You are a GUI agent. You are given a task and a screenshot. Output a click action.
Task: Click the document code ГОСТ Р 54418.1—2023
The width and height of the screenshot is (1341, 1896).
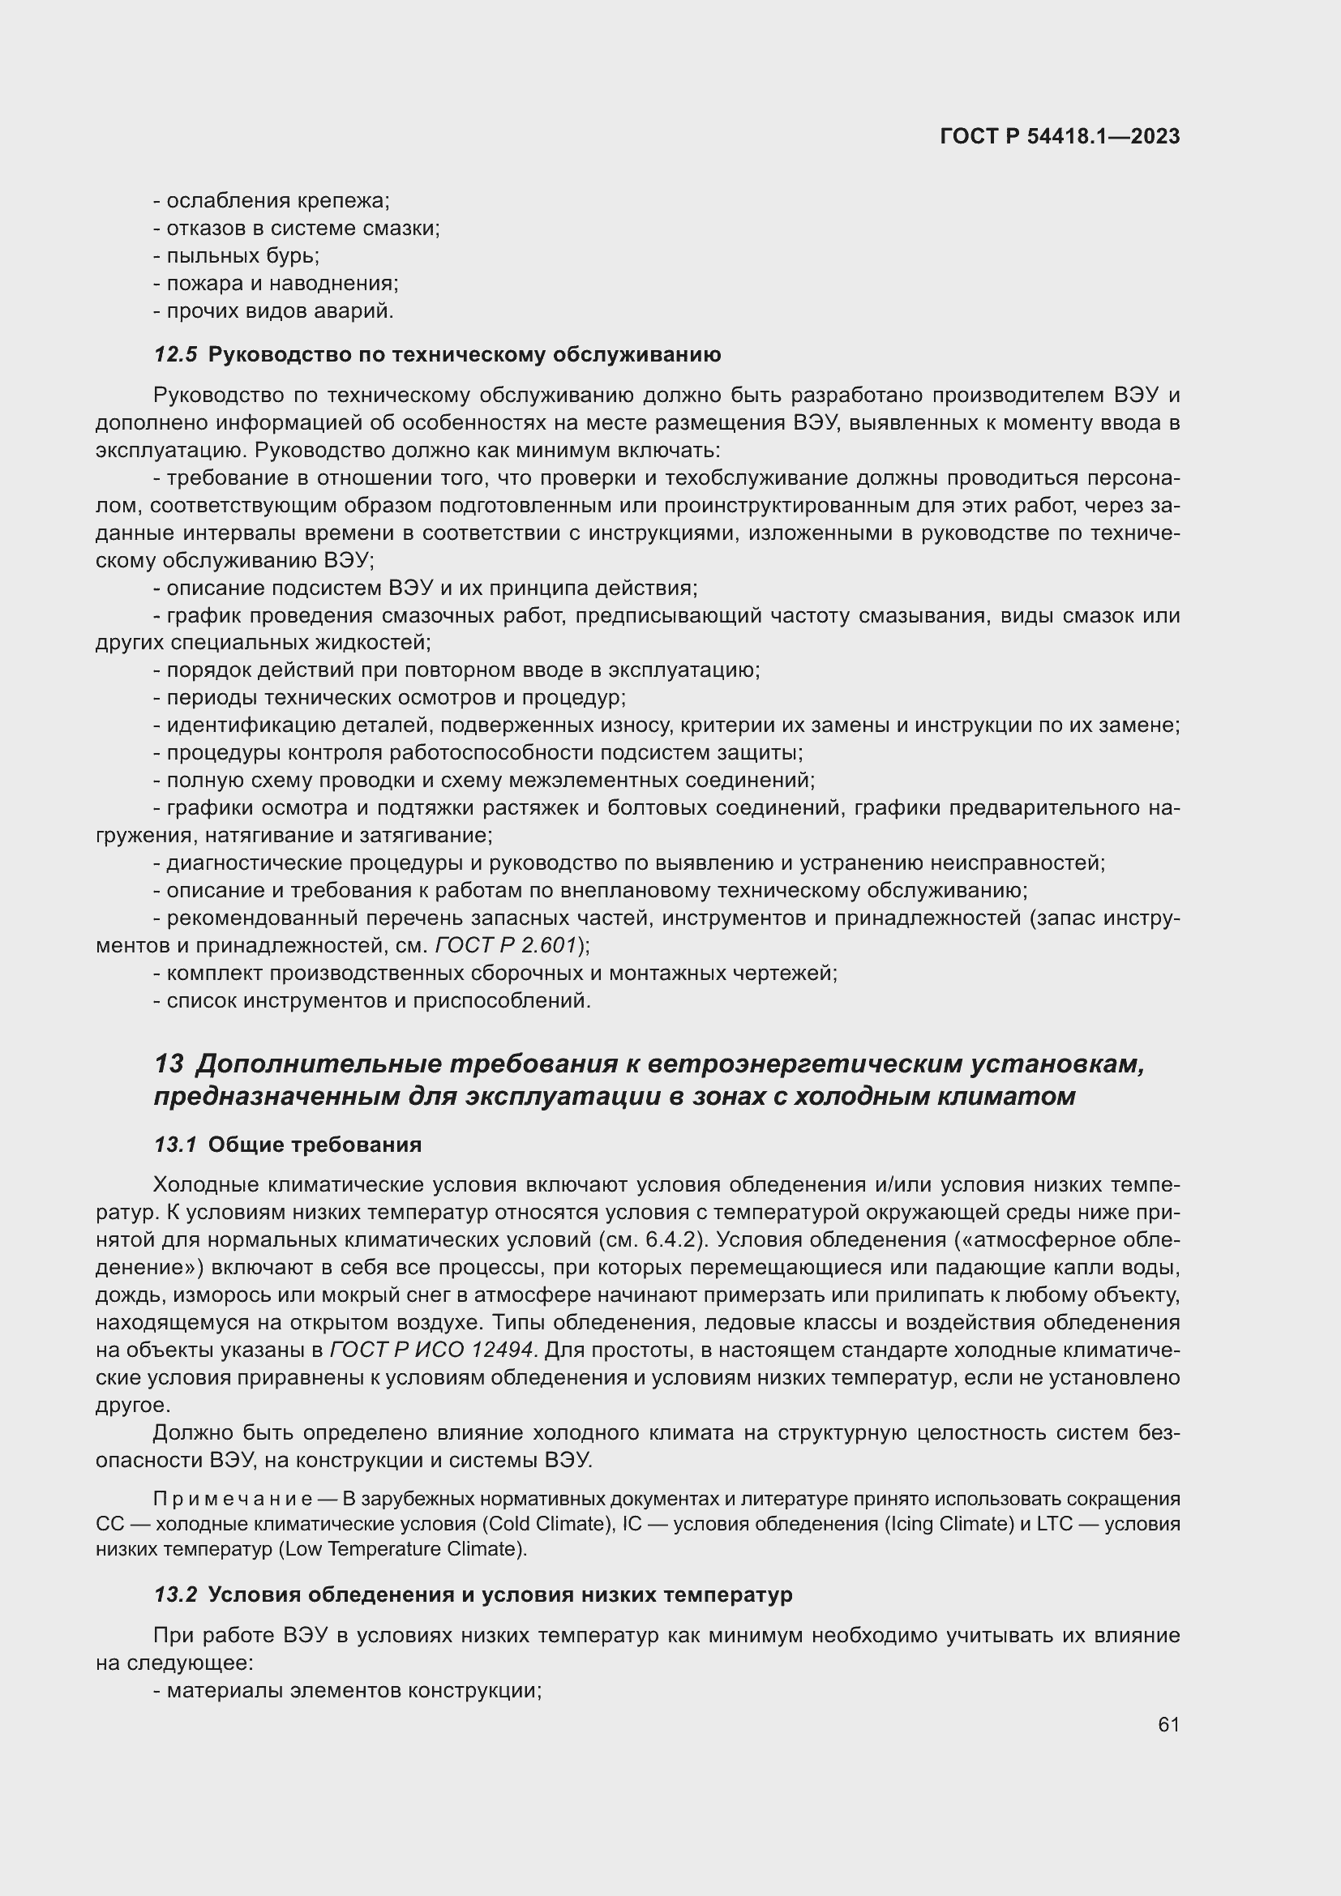click(x=1060, y=136)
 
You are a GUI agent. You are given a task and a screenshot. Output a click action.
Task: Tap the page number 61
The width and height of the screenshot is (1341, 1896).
click(x=1168, y=1724)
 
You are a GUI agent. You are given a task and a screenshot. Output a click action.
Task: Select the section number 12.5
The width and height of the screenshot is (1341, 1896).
click(x=175, y=354)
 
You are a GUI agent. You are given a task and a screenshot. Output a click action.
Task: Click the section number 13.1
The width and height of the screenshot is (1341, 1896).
click(x=175, y=1145)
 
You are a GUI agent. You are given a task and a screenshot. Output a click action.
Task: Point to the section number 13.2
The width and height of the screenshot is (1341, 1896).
click(x=175, y=1594)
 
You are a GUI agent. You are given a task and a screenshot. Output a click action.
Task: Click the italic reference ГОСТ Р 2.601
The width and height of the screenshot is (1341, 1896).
click(x=506, y=944)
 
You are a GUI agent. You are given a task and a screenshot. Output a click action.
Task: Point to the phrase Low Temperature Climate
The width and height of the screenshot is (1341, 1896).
click(x=403, y=1548)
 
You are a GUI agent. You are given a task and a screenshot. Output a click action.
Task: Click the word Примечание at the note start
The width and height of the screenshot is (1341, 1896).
click(x=232, y=1499)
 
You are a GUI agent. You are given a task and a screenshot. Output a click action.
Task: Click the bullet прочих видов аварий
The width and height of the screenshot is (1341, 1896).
click(x=279, y=311)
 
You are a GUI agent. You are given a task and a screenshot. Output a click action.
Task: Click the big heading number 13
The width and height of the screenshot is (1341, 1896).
click(x=169, y=1064)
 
